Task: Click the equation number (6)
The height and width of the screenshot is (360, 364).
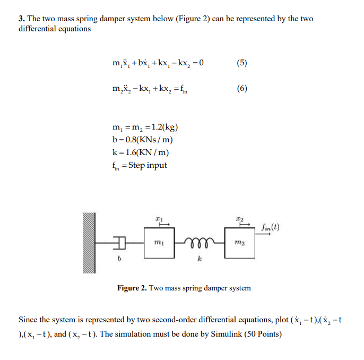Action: click(x=241, y=89)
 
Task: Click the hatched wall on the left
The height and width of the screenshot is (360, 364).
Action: click(x=88, y=243)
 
